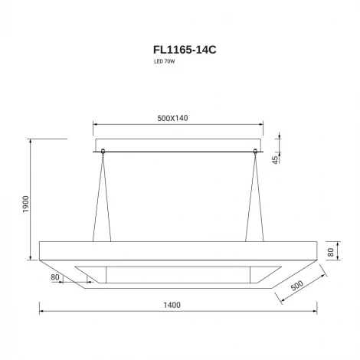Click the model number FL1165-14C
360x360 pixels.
click(x=185, y=50)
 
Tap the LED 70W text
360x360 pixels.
click(x=164, y=61)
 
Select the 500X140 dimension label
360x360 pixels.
click(x=172, y=118)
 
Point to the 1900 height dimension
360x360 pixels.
click(x=26, y=205)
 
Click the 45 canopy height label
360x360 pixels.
click(x=276, y=160)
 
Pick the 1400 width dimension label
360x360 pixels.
click(x=172, y=305)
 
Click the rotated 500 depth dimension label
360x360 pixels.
click(x=297, y=285)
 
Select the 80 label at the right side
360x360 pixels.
click(x=331, y=252)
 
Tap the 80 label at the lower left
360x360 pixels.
click(x=55, y=277)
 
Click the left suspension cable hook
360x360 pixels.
click(x=103, y=152)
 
